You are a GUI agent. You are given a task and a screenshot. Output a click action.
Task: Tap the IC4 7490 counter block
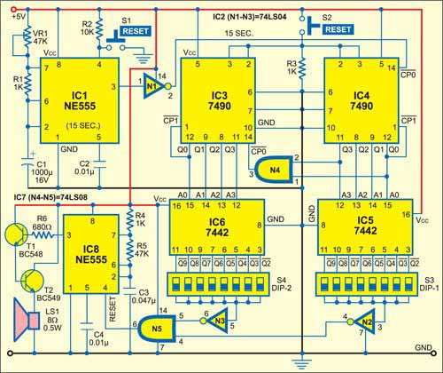[361, 98]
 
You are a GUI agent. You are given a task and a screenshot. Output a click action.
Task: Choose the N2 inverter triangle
[361, 321]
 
